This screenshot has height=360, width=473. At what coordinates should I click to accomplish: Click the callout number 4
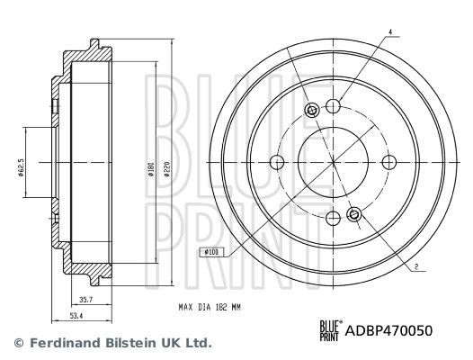tap(389, 32)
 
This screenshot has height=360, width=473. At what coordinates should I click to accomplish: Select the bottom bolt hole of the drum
tap(333, 217)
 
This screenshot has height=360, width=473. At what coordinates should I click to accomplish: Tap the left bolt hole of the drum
tap(277, 162)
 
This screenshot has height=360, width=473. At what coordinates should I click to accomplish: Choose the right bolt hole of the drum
tap(388, 162)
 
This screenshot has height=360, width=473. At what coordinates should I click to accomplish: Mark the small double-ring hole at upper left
tap(312, 111)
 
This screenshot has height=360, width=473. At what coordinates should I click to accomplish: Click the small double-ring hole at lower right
tap(353, 213)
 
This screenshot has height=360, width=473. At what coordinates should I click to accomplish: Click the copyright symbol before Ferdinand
tap(19, 343)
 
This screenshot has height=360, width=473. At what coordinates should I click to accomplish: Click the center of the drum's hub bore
tap(333, 162)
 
